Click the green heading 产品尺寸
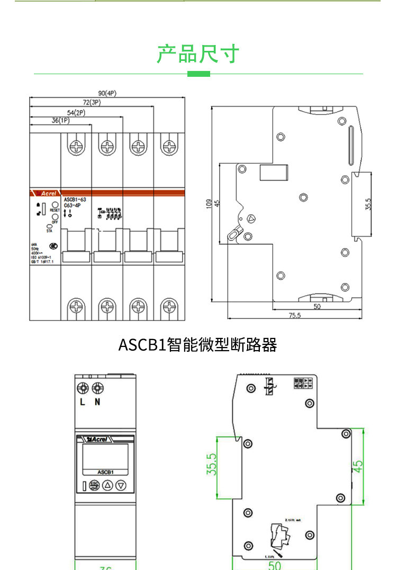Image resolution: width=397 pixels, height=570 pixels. [x=198, y=54]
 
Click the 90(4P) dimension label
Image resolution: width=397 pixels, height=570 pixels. [x=107, y=93]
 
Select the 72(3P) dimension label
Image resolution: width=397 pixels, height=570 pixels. [x=92, y=102]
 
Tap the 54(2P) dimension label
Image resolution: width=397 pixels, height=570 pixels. [x=76, y=112]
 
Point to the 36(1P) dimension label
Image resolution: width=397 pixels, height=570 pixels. [x=60, y=121]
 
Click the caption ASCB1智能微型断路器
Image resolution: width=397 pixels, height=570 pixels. [x=197, y=345]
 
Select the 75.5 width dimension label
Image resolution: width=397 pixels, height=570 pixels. [x=294, y=315]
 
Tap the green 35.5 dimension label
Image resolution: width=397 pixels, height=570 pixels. [x=211, y=464]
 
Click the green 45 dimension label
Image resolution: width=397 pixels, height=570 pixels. [x=358, y=466]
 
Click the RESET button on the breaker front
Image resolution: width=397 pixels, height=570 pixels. [x=55, y=204]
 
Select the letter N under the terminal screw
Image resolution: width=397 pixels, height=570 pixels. [x=97, y=402]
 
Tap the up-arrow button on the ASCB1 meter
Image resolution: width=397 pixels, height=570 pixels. [x=107, y=485]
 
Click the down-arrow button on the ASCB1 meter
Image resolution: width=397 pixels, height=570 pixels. [x=121, y=485]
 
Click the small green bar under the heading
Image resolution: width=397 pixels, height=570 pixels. [x=198, y=74]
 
